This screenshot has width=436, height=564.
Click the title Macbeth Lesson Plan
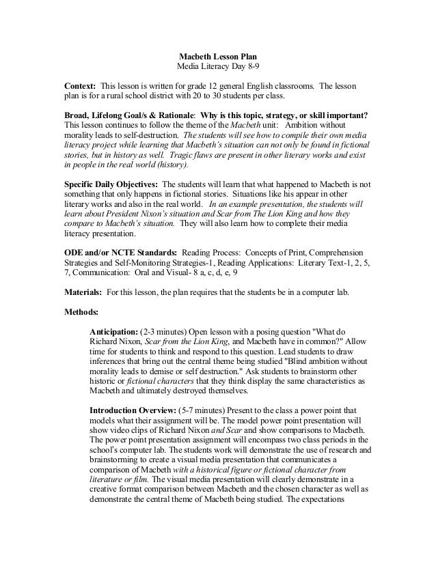[x=218, y=56]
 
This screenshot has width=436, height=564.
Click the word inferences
[x=108, y=366]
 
